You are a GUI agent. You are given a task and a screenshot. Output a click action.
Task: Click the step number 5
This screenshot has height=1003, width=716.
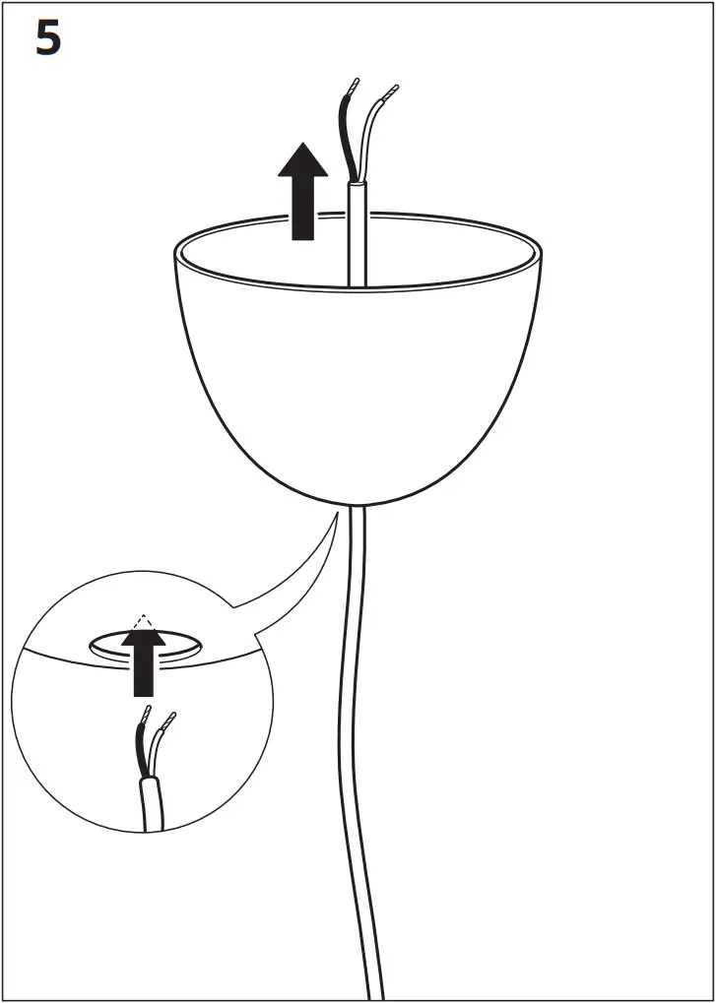[x=48, y=38]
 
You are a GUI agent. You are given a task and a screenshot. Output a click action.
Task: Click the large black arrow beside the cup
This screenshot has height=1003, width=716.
[x=302, y=192]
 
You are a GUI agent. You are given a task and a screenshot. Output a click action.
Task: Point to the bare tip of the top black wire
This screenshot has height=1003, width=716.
[x=353, y=87]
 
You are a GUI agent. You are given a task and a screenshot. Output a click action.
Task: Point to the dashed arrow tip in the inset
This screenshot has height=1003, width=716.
[x=144, y=621]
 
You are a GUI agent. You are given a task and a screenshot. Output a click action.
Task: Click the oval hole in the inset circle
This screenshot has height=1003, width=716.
[x=177, y=646]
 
